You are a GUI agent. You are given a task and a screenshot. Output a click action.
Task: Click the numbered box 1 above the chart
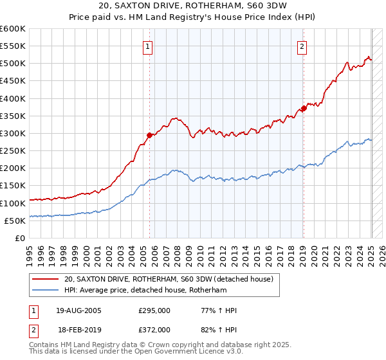[x=148, y=46]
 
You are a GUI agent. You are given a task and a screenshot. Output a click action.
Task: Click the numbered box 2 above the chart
[x=302, y=46]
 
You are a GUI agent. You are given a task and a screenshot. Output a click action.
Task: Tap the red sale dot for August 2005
[x=149, y=135]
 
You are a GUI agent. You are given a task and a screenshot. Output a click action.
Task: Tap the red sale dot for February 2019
[x=304, y=108]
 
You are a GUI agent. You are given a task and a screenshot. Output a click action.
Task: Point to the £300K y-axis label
[x=12, y=133]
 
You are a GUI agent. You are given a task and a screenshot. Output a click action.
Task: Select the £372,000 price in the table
[x=154, y=329]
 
